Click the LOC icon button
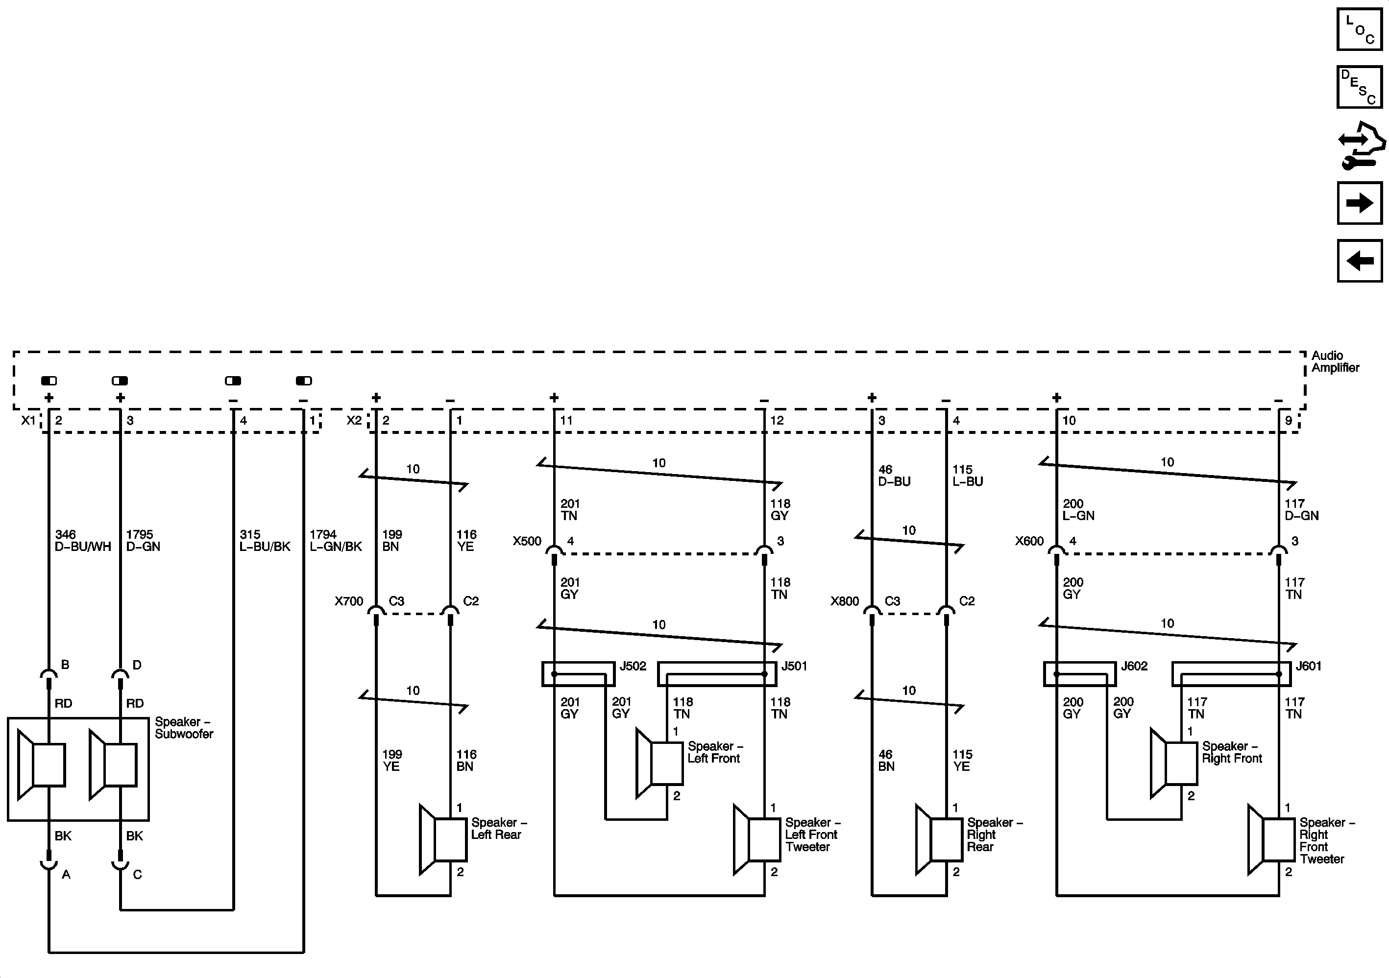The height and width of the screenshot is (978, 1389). click(1359, 29)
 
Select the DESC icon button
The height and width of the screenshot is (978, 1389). click(1359, 87)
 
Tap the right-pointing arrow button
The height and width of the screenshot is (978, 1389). click(1359, 203)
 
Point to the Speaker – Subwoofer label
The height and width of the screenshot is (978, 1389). click(184, 728)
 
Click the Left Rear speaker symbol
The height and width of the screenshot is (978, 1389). click(443, 840)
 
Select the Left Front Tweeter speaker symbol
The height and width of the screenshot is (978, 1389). click(757, 839)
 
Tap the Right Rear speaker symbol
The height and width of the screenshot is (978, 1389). click(939, 839)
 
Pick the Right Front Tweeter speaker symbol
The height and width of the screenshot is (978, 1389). click(1271, 839)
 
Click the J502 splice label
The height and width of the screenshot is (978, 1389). click(633, 666)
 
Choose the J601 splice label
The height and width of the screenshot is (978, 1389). click(1309, 666)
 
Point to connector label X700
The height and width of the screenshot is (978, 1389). click(349, 601)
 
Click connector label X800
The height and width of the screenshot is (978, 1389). click(845, 601)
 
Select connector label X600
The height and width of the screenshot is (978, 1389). click(1029, 541)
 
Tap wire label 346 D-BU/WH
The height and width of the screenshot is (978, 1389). click(83, 541)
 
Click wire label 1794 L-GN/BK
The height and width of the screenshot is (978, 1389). click(335, 541)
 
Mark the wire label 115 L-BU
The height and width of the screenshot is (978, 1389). click(967, 476)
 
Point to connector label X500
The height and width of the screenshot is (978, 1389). click(527, 541)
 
